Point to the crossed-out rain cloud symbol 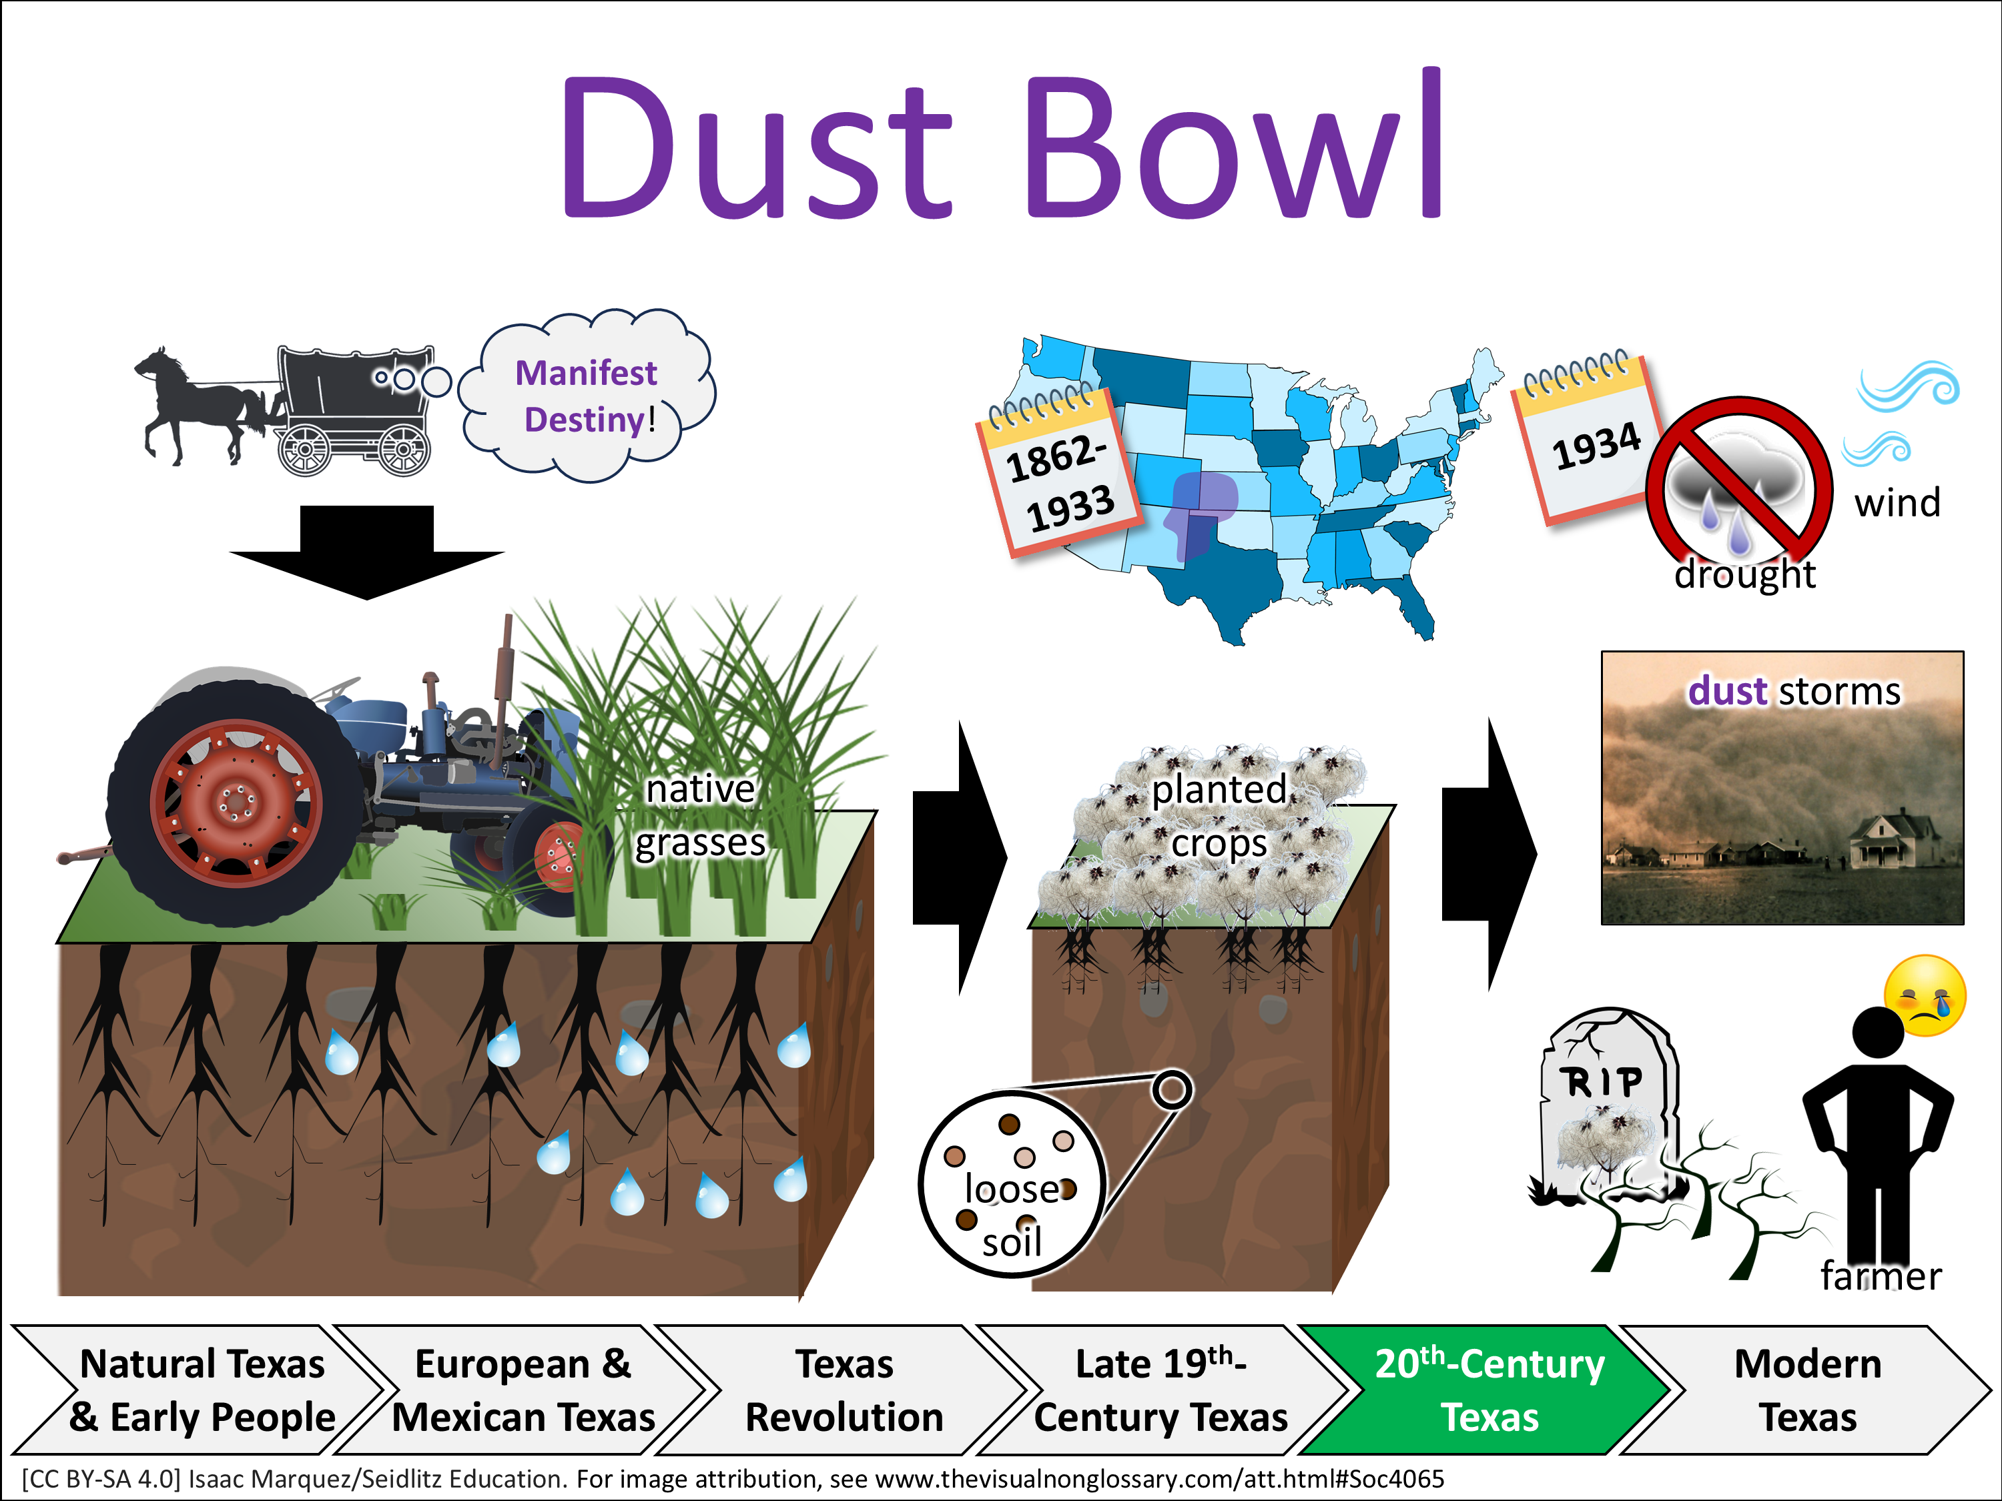point(1738,480)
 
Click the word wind point(1897,503)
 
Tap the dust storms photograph point(1781,787)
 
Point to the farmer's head point(1877,1032)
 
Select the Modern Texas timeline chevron point(1806,1390)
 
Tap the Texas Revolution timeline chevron point(844,1390)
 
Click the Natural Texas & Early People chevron point(202,1390)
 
